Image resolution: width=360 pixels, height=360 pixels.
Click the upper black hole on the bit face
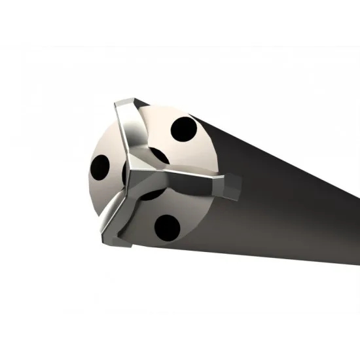point(184,130)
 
